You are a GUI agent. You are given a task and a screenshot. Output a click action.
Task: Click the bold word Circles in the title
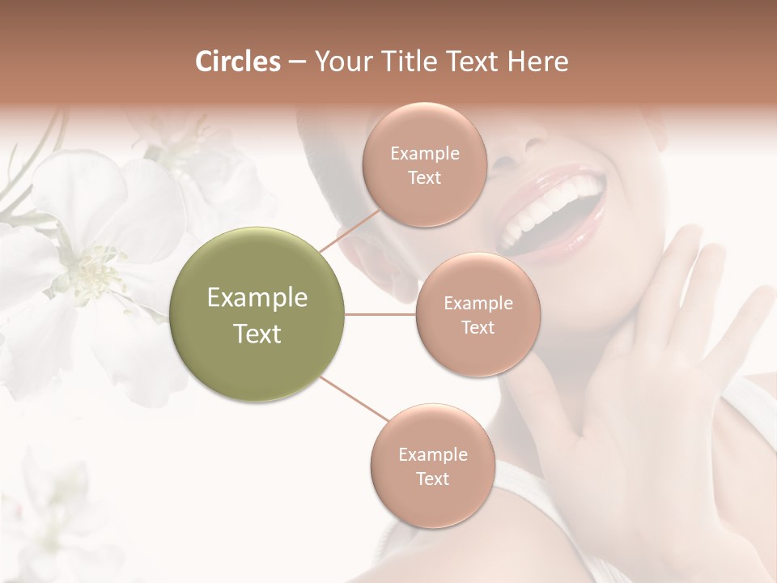pos(237,62)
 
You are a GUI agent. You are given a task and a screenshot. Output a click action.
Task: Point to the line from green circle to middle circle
pos(380,314)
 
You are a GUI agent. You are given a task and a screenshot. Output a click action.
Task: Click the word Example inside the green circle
pos(257,298)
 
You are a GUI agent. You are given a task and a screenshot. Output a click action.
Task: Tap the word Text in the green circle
pos(257,334)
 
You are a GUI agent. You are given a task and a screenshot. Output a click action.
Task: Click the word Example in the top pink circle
pos(425,154)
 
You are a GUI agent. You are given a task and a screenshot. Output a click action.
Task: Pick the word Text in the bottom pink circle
pos(432,479)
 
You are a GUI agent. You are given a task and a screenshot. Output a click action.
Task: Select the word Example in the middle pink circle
pos(478,304)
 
